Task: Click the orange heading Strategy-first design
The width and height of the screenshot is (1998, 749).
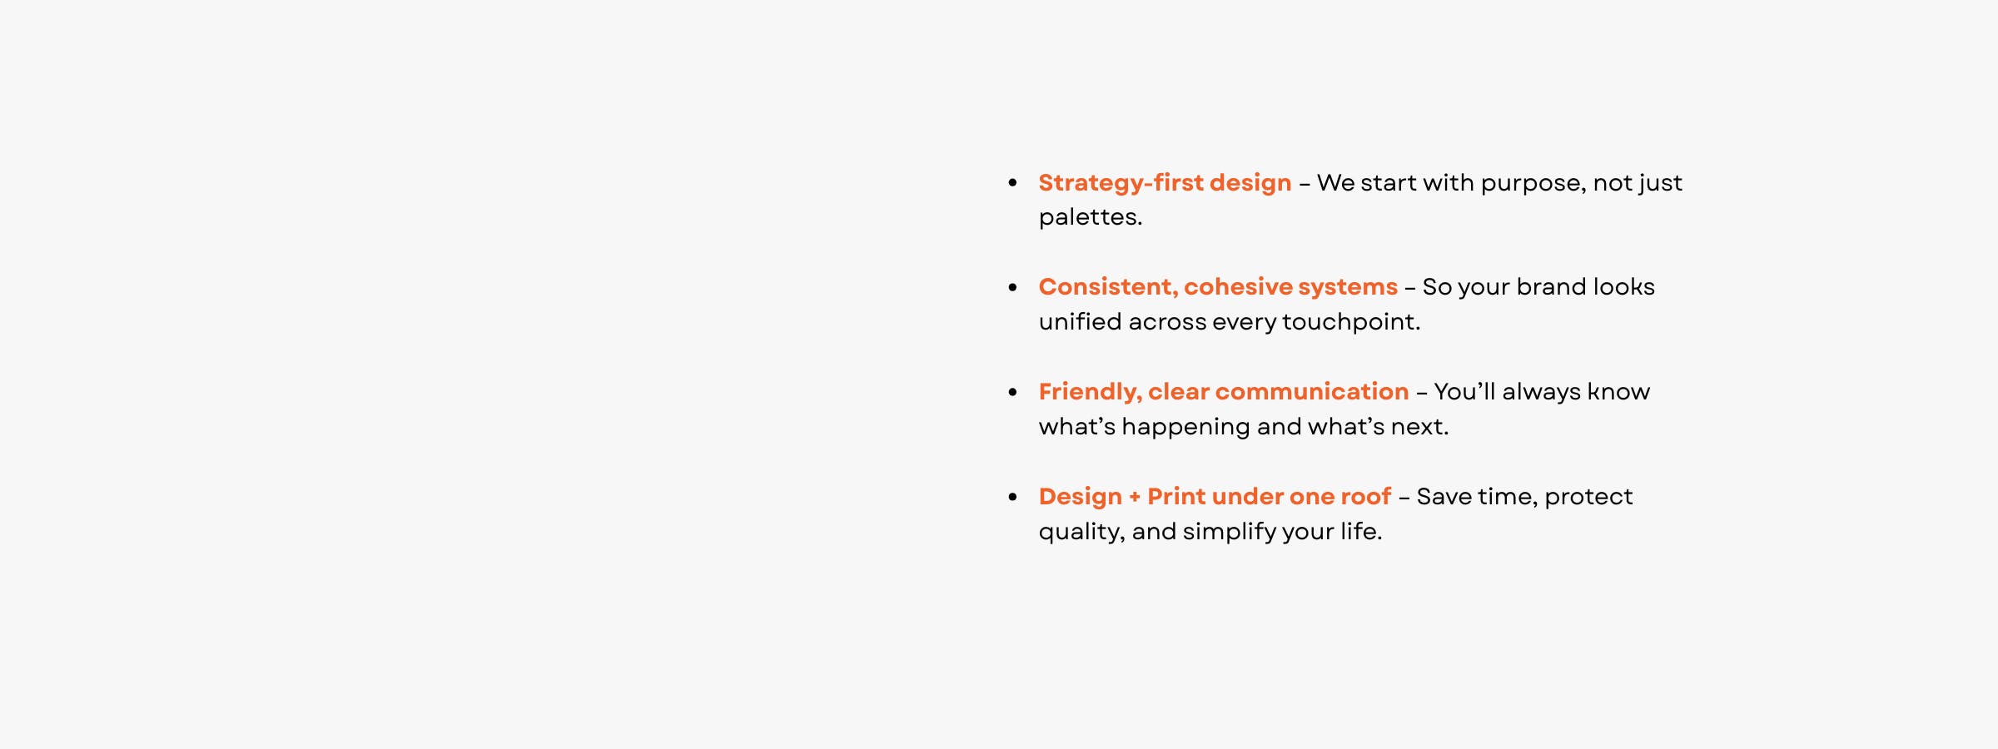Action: [x=1165, y=184]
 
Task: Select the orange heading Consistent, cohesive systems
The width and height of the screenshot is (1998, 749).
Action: [x=1218, y=287]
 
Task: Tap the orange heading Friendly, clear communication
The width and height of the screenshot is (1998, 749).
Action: [x=1224, y=393]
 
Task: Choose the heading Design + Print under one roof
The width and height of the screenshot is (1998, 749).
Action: [x=1215, y=497]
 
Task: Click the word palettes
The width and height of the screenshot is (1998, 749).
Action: [x=1090, y=218]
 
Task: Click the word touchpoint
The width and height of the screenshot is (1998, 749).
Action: [x=1350, y=323]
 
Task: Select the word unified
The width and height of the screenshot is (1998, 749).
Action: [x=1080, y=321]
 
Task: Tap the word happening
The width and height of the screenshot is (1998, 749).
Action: [x=1185, y=428]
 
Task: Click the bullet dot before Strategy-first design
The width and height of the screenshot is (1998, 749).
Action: [x=1012, y=182]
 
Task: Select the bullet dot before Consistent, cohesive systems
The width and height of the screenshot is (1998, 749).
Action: [x=1012, y=287]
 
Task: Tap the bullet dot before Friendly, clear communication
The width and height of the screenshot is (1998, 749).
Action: [x=1012, y=392]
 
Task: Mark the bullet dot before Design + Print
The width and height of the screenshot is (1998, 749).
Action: [x=1012, y=497]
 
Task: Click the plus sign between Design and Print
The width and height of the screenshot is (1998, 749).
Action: [x=1135, y=498]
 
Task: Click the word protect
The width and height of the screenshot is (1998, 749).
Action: [x=1588, y=498]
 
